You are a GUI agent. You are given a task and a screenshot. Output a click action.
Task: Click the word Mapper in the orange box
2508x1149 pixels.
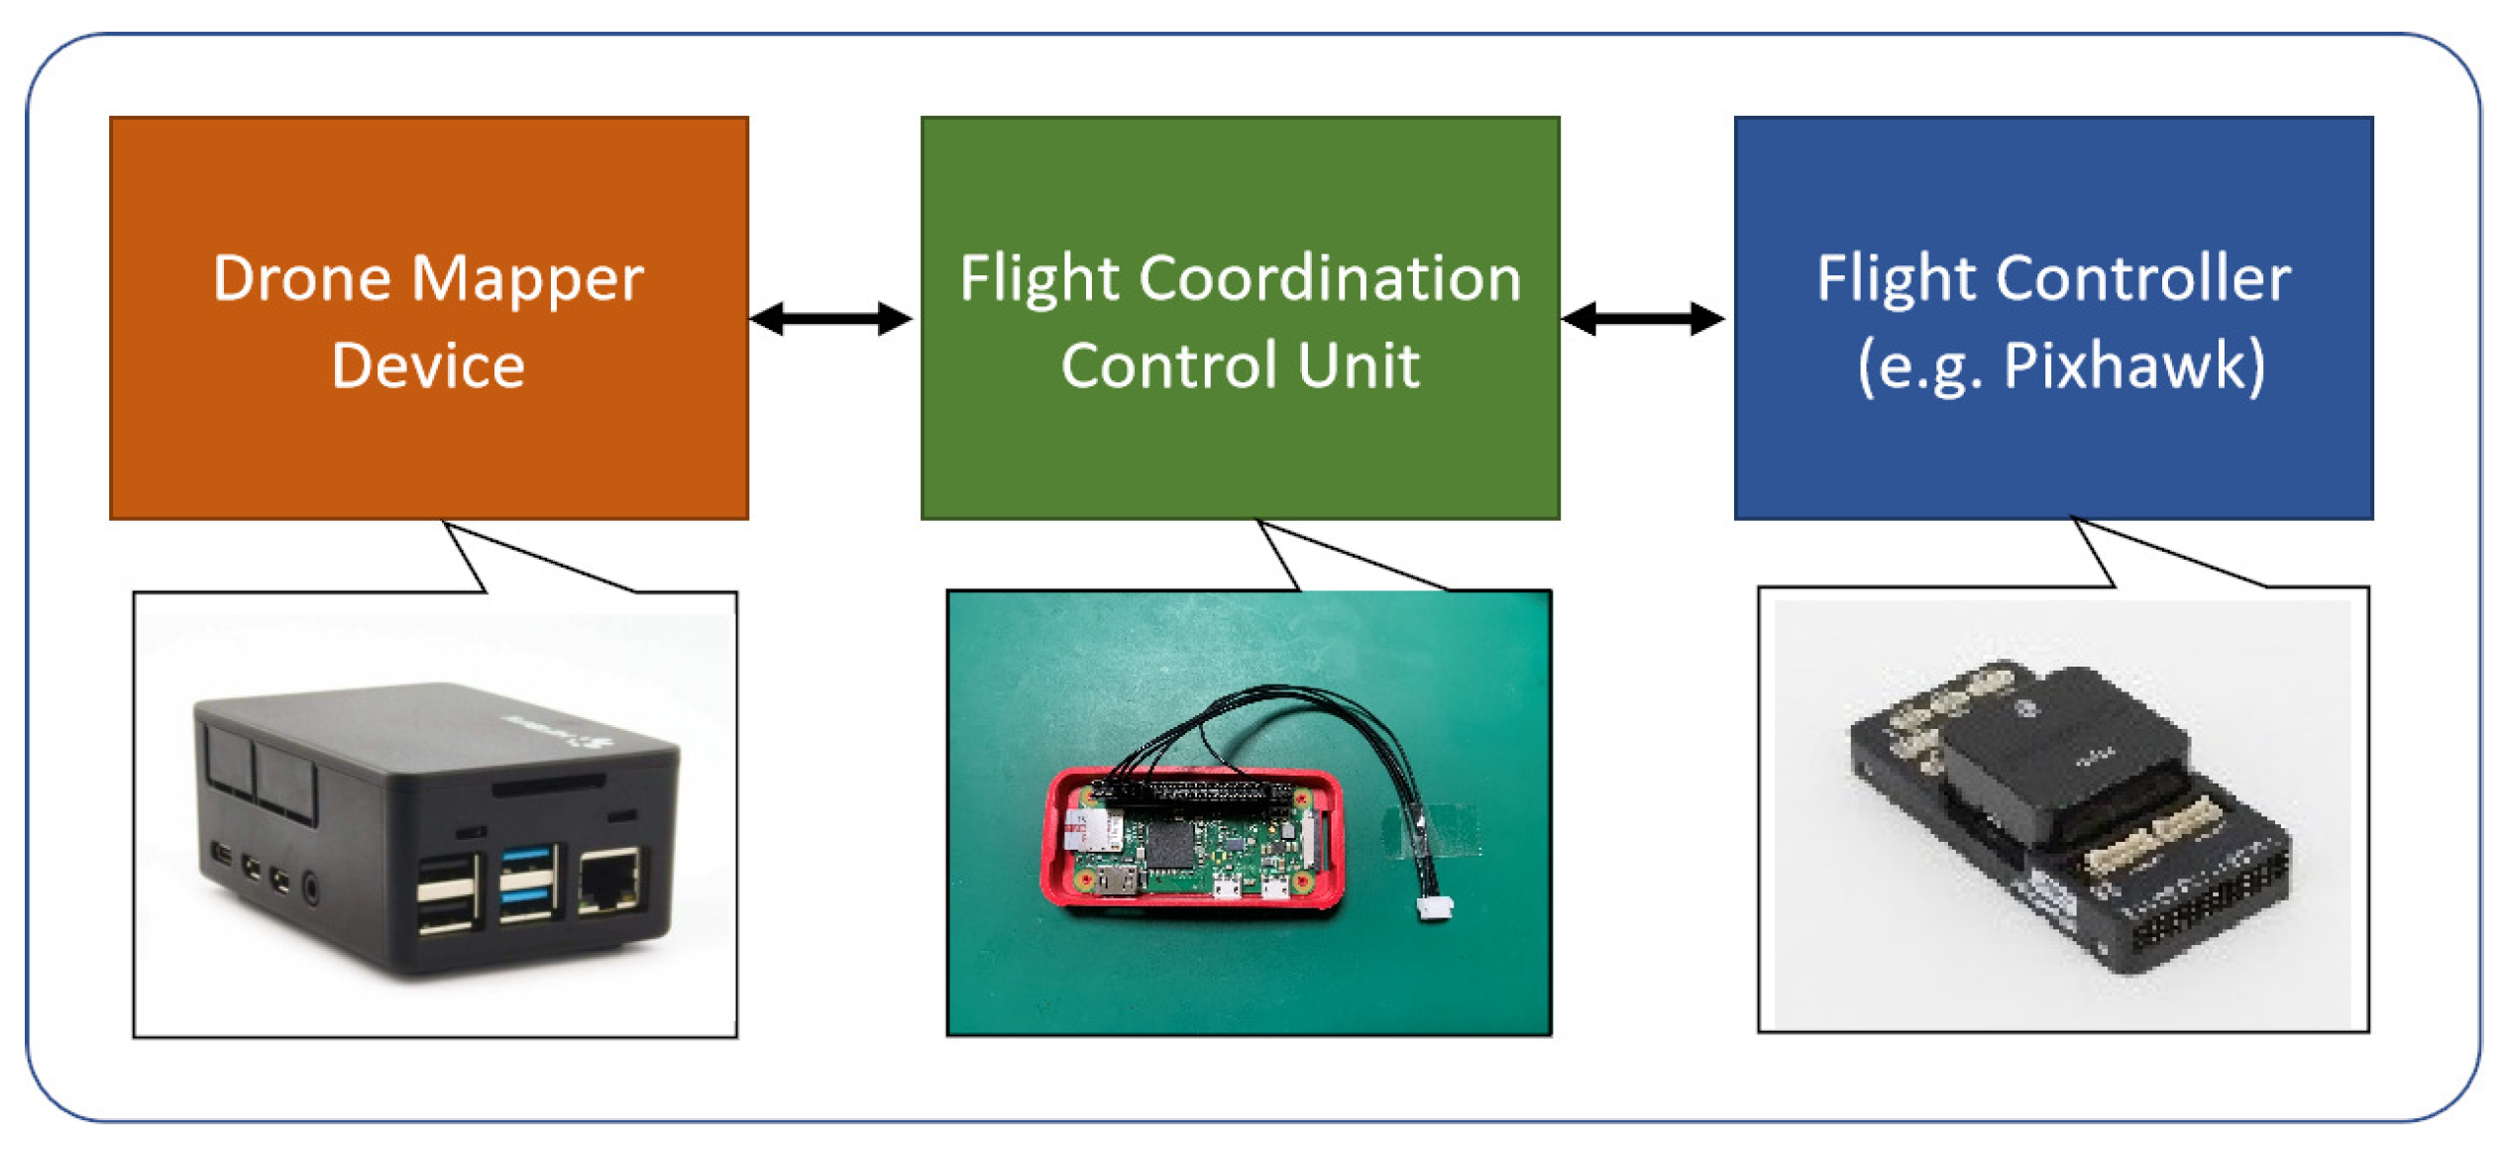click(527, 280)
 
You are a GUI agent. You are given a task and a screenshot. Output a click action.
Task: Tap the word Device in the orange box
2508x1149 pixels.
click(427, 366)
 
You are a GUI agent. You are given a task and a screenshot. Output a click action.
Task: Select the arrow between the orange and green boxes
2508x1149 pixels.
click(830, 319)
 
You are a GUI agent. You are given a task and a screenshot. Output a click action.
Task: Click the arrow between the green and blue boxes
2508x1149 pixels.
click(1642, 319)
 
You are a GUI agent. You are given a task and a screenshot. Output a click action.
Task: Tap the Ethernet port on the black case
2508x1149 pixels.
click(607, 881)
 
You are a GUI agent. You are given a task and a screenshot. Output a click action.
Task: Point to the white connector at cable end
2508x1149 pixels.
click(1434, 907)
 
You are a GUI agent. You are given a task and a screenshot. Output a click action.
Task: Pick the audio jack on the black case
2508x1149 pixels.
click(311, 887)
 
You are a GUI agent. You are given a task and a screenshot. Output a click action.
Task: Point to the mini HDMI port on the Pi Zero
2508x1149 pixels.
click(1120, 879)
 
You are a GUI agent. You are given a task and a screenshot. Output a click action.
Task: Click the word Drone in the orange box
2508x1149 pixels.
click(301, 280)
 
